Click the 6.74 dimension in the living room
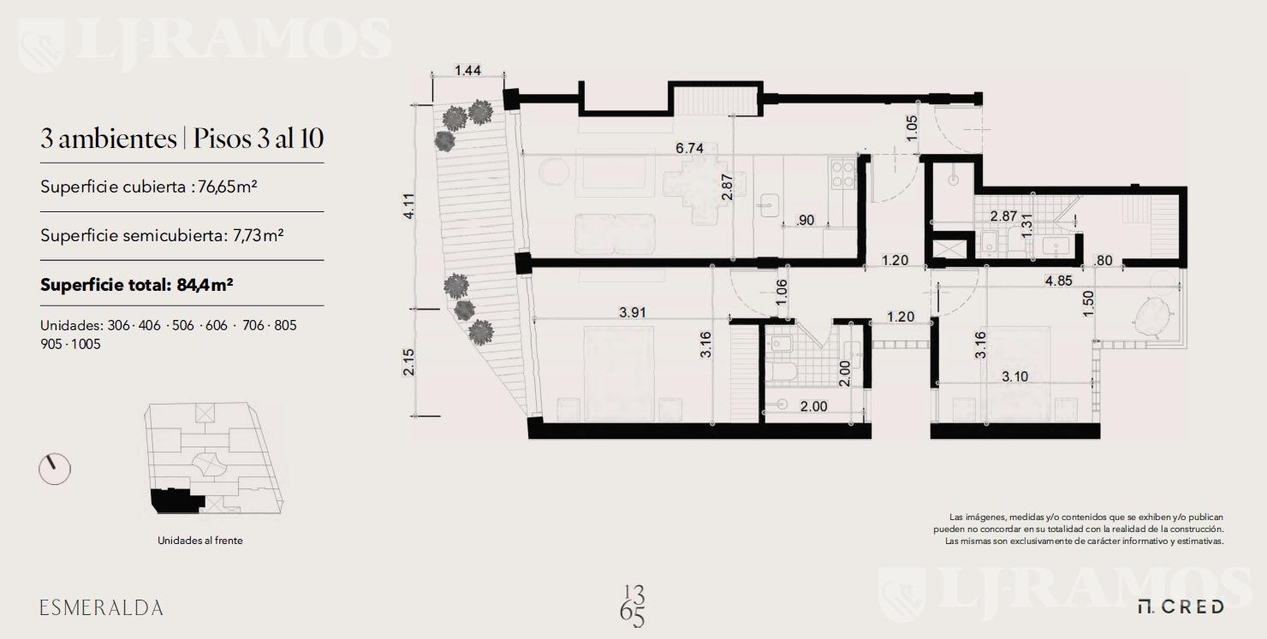click(689, 148)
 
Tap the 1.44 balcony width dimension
click(467, 71)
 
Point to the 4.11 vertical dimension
click(409, 205)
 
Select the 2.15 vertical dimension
click(409, 362)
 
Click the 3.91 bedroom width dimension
click(633, 312)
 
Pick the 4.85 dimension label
click(1058, 281)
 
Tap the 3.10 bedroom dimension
click(1014, 376)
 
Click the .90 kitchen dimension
click(805, 221)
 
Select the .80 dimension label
click(1103, 260)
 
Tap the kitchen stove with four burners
click(842, 175)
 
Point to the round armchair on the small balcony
click(1151, 319)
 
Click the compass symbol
click(55, 469)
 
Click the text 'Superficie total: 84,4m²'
click(137, 285)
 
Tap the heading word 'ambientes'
click(117, 139)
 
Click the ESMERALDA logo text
click(101, 608)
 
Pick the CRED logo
click(1181, 606)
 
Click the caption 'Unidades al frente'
click(200, 541)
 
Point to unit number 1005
click(86, 344)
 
